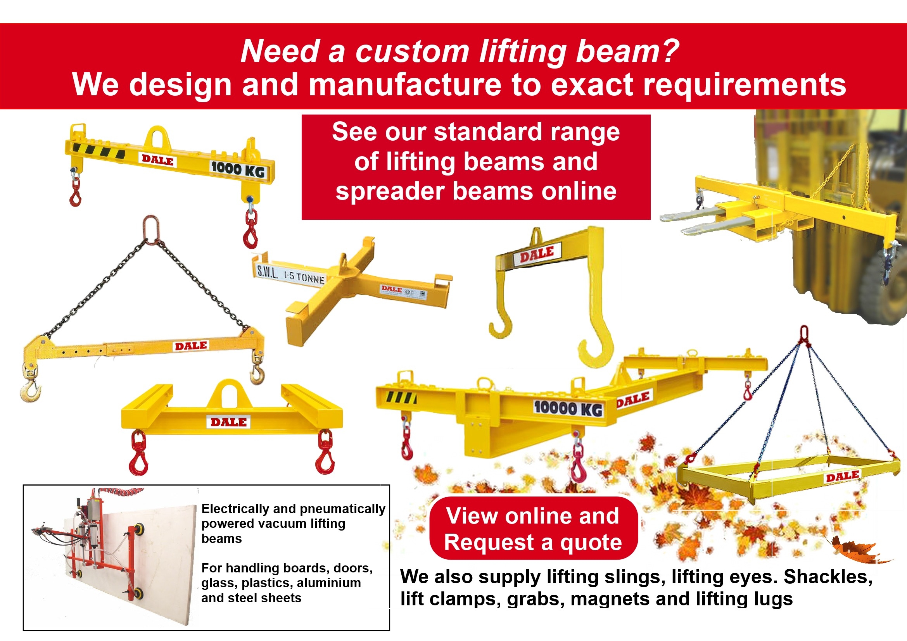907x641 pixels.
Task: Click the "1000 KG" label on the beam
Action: pyautogui.click(x=238, y=169)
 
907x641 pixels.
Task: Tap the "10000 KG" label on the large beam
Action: pyautogui.click(x=568, y=408)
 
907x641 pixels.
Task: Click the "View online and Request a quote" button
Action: pyautogui.click(x=533, y=529)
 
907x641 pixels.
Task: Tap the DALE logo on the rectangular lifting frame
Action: pyautogui.click(x=843, y=476)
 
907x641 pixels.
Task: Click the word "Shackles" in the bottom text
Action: pyautogui.click(x=828, y=577)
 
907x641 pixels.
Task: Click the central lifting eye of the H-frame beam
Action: pyautogui.click(x=228, y=393)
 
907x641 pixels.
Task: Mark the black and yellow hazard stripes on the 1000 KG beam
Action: pyautogui.click(x=99, y=151)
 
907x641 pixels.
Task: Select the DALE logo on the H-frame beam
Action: pyautogui.click(x=228, y=422)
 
